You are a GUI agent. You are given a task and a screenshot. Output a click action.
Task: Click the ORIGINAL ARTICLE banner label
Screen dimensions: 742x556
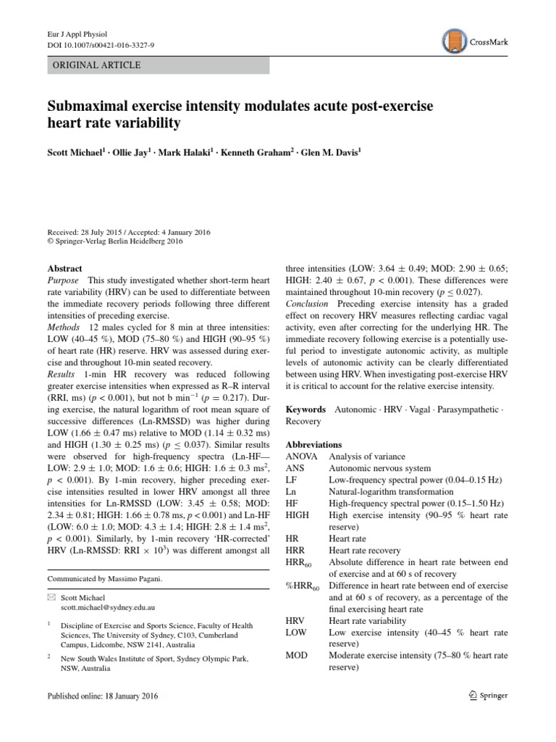[x=93, y=65]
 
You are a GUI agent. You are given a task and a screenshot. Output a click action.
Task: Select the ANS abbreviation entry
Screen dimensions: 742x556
[x=296, y=468]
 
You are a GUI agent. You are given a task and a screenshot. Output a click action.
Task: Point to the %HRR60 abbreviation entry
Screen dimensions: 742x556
[x=303, y=585]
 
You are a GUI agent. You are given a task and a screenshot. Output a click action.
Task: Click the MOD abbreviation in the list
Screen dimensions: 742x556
[x=298, y=656]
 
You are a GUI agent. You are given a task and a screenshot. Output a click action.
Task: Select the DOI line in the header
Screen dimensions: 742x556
[x=96, y=45]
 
